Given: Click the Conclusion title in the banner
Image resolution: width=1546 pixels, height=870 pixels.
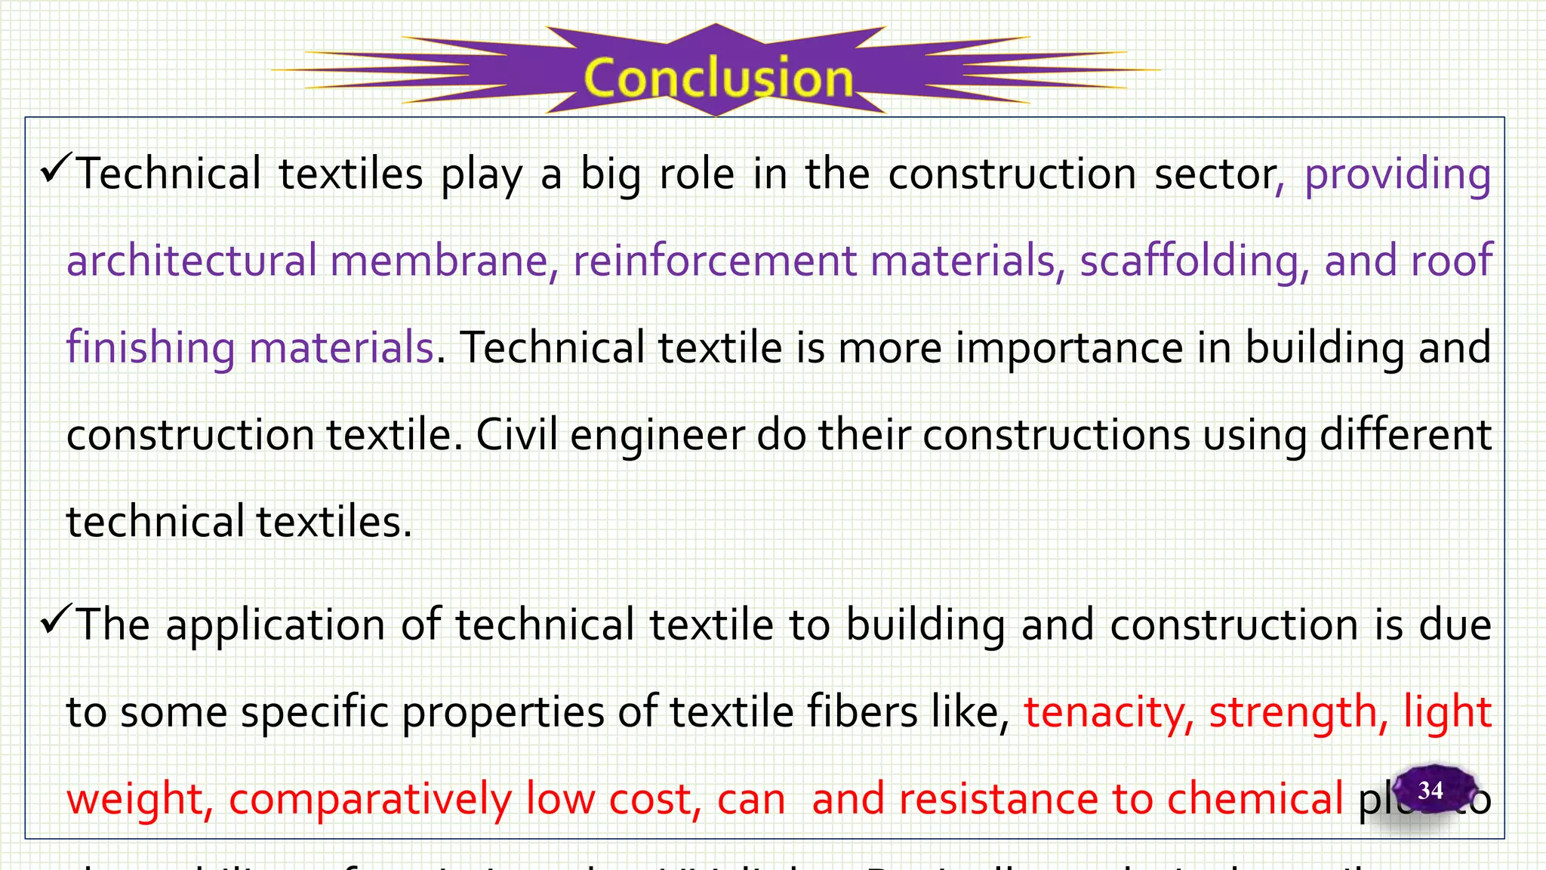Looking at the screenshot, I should (718, 78).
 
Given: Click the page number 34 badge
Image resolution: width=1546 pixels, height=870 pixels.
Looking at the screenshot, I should (1431, 790).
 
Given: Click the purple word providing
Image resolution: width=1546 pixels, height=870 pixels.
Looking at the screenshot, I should (1397, 175).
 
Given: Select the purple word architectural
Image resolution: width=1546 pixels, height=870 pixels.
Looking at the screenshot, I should (192, 261).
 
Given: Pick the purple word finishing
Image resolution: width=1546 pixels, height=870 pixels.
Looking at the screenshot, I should (150, 349).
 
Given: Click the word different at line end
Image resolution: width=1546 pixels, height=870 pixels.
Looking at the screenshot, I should (1405, 436).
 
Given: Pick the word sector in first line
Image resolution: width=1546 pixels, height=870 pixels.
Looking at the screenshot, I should (1219, 175).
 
